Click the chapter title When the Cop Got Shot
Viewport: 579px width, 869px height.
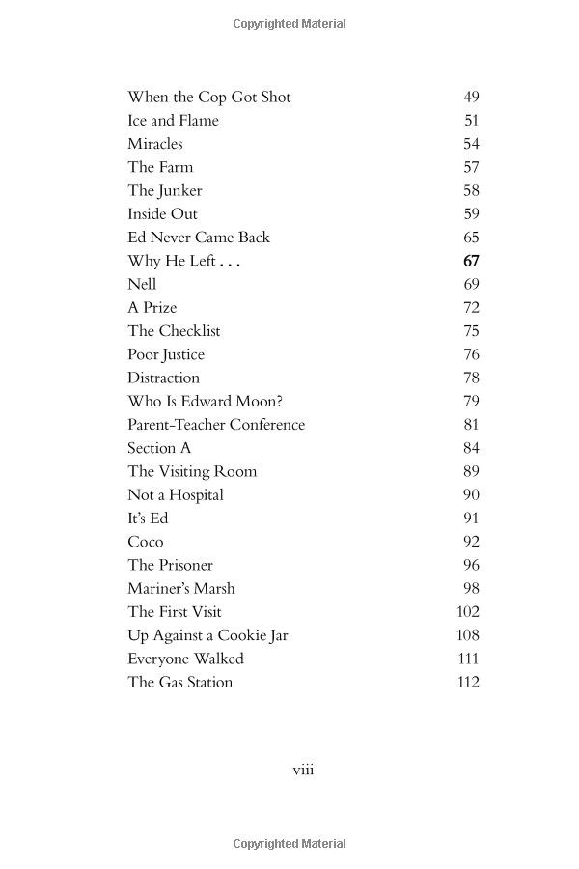(208, 97)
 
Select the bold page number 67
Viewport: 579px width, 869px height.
(471, 261)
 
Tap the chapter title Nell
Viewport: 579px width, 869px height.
(142, 284)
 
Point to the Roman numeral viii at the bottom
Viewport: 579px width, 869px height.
(303, 770)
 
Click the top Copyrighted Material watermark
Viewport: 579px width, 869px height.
(289, 24)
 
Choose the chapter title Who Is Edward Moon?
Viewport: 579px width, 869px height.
(205, 401)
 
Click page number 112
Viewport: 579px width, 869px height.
(468, 682)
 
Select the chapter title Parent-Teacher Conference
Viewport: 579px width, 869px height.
(216, 425)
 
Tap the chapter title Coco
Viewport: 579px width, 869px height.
(146, 542)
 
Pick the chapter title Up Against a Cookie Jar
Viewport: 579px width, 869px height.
(207, 635)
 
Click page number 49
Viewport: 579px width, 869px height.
(471, 97)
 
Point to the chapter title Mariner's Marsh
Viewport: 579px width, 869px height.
(181, 588)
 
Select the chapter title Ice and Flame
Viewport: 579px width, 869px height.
(173, 121)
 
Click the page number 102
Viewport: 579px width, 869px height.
(468, 611)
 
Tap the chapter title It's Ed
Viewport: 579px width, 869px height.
(148, 519)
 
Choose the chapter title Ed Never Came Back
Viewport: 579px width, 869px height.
(199, 238)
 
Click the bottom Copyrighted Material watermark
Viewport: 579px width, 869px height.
(289, 844)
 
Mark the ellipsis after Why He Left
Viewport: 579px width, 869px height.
(229, 263)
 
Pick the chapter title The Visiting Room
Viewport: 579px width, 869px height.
(192, 471)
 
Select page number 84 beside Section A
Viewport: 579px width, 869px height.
(471, 448)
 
